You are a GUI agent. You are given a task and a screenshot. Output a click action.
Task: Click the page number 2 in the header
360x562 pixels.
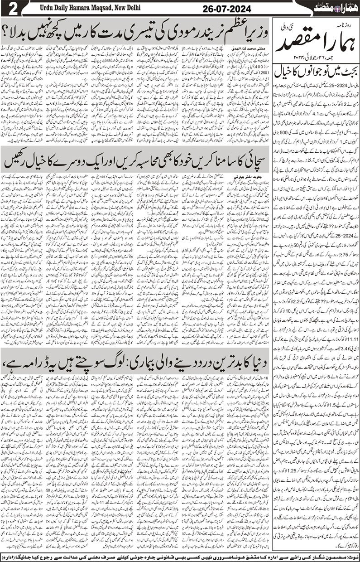point(10,9)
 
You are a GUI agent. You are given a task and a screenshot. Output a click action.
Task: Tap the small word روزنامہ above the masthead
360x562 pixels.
point(345,22)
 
